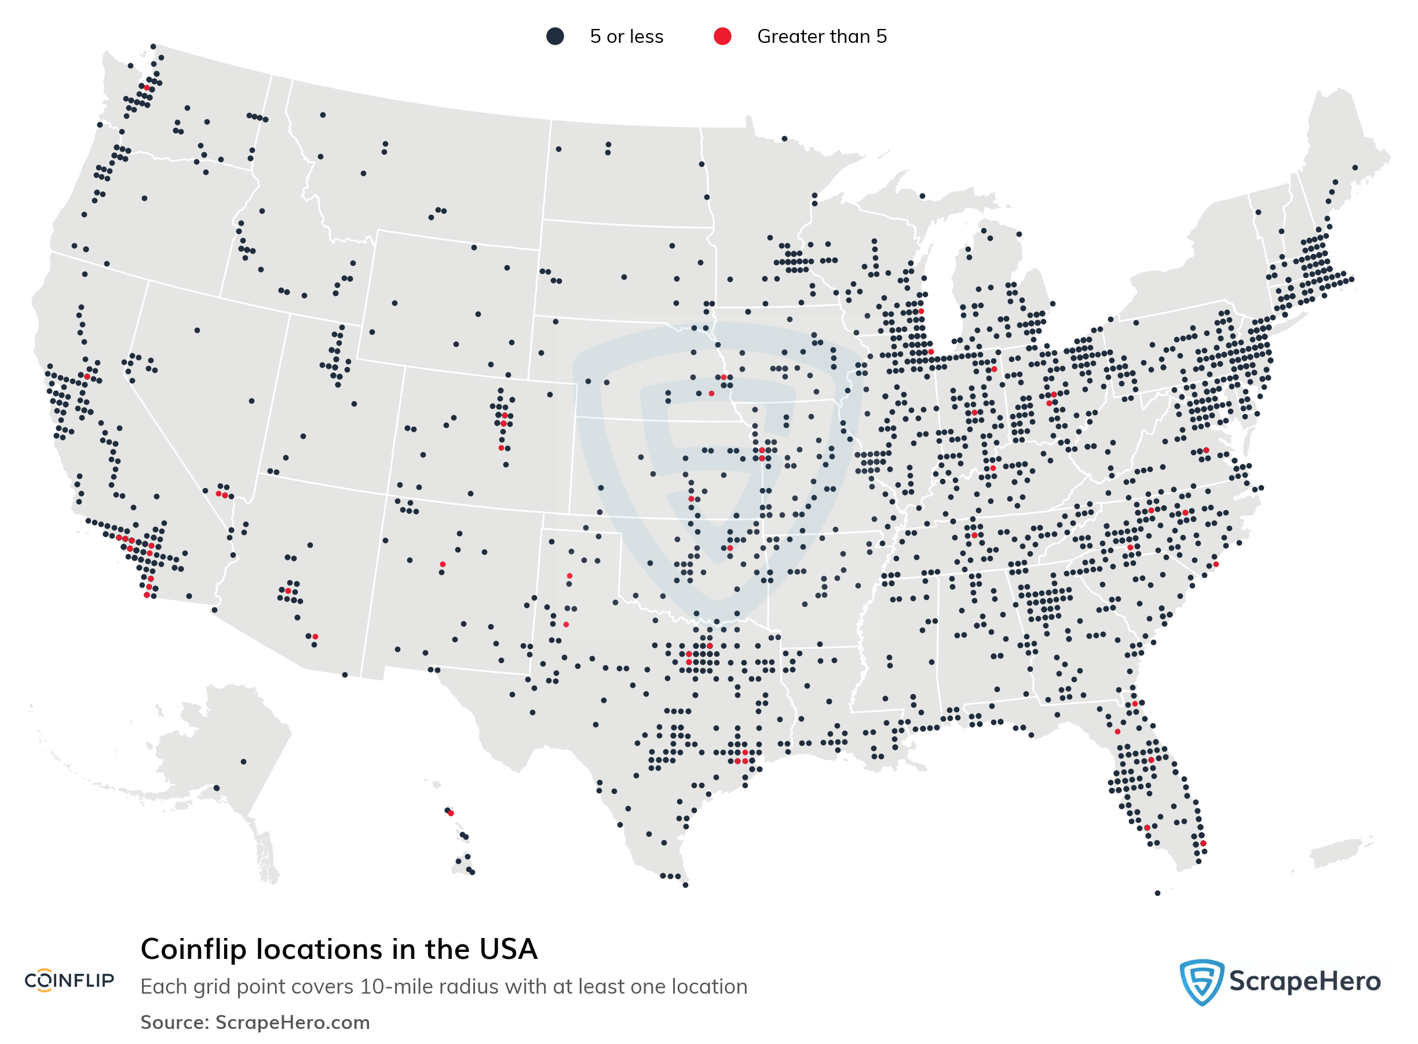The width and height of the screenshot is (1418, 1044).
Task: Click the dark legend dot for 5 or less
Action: tap(555, 36)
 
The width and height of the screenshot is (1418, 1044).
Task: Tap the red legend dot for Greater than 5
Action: tap(722, 36)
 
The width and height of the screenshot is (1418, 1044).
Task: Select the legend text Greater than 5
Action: tap(821, 36)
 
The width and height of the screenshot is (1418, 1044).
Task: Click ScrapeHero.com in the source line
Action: tap(292, 1023)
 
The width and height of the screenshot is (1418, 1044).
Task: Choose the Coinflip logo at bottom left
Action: tap(69, 980)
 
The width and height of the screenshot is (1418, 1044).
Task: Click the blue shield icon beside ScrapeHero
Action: tap(1201, 981)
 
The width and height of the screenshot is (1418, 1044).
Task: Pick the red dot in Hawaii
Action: tap(451, 814)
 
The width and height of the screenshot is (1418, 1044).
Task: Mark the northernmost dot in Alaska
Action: tap(243, 761)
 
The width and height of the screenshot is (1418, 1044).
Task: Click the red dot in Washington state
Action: tap(147, 89)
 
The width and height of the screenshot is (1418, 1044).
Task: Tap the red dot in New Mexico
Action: tap(443, 565)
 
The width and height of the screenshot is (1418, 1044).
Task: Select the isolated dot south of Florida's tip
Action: tap(1157, 893)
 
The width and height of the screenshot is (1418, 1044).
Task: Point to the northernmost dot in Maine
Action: tap(1355, 167)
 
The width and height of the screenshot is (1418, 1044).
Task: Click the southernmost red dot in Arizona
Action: tap(315, 636)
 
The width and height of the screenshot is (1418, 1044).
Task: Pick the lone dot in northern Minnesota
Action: tap(784, 138)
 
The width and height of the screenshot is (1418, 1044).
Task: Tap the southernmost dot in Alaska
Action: tap(216, 788)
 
